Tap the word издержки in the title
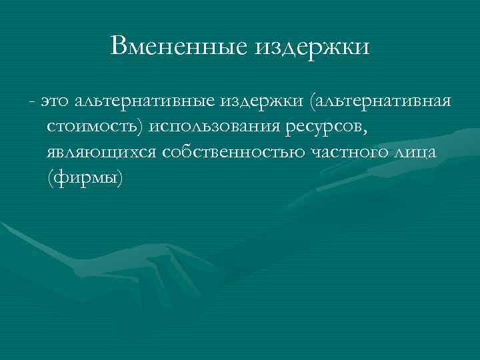pos(311,46)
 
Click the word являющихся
pos(101,153)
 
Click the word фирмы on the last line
pos(85,178)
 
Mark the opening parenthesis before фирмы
pos(51,178)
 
